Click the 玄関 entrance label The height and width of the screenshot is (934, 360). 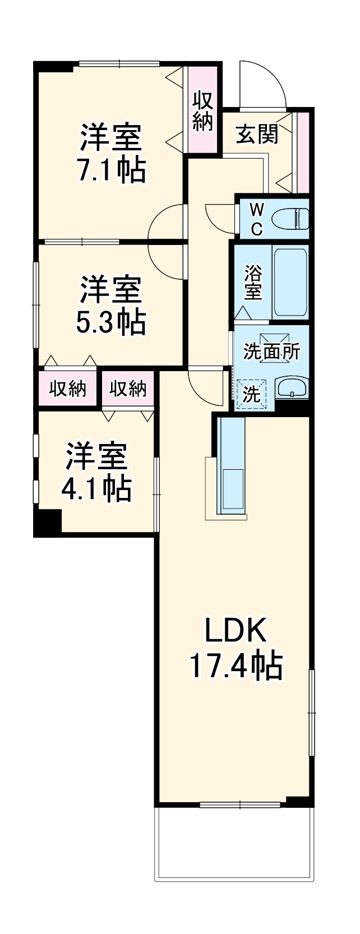(x=257, y=134)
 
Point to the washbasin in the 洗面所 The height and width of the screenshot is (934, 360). (x=291, y=387)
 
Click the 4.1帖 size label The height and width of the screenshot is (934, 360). (x=96, y=489)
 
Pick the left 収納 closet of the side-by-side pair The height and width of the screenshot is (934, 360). (x=67, y=388)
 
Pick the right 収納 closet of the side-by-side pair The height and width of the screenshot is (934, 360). (x=128, y=388)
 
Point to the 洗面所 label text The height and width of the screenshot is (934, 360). (x=271, y=352)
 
